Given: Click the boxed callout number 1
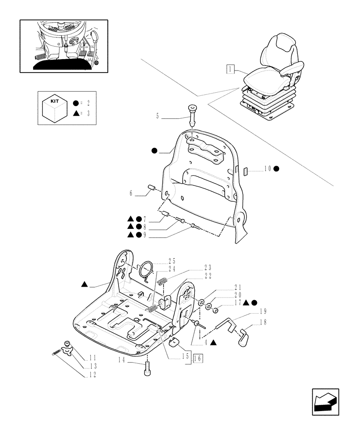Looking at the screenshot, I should [x=230, y=68].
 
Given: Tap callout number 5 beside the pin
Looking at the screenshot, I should [x=158, y=116].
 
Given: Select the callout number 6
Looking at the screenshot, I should [x=131, y=193].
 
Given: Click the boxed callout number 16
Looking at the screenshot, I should [x=198, y=358].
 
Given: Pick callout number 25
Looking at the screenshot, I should [x=172, y=261].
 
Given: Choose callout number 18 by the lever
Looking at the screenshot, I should [x=262, y=323].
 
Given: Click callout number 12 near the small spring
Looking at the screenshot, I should [x=93, y=375].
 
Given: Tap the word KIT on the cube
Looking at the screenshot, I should [x=55, y=100].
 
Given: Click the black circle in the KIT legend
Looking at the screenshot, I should [x=76, y=104].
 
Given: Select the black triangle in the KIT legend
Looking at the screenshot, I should [x=76, y=114].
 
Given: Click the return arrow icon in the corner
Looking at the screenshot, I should [x=325, y=402].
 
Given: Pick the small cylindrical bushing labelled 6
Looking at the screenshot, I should [x=153, y=188].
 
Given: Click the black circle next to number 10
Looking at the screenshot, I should [x=276, y=169].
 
